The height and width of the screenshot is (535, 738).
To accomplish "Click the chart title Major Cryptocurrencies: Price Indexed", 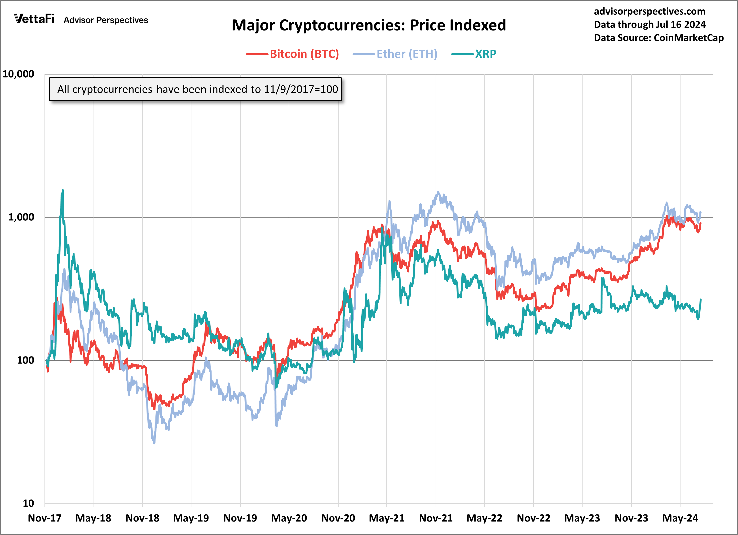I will [369, 25].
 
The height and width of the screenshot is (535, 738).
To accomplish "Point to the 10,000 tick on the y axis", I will [18, 74].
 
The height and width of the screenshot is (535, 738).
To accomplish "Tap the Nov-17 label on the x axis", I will [44, 518].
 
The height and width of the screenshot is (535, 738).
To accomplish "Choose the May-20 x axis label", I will [289, 518].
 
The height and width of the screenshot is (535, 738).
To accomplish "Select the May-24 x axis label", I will [680, 518].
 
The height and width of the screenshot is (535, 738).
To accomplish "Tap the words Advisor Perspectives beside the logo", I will [106, 20].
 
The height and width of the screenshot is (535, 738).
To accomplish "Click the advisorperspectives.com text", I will [650, 11].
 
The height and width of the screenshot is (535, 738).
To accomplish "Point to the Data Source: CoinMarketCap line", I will [658, 38].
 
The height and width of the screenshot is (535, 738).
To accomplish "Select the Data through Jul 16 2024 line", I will [650, 24].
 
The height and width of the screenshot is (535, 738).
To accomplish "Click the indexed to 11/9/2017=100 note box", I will [195, 89].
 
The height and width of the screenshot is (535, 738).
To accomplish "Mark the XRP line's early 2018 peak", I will [62, 190].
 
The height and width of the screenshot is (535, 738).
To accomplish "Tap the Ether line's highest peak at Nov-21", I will [438, 192].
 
